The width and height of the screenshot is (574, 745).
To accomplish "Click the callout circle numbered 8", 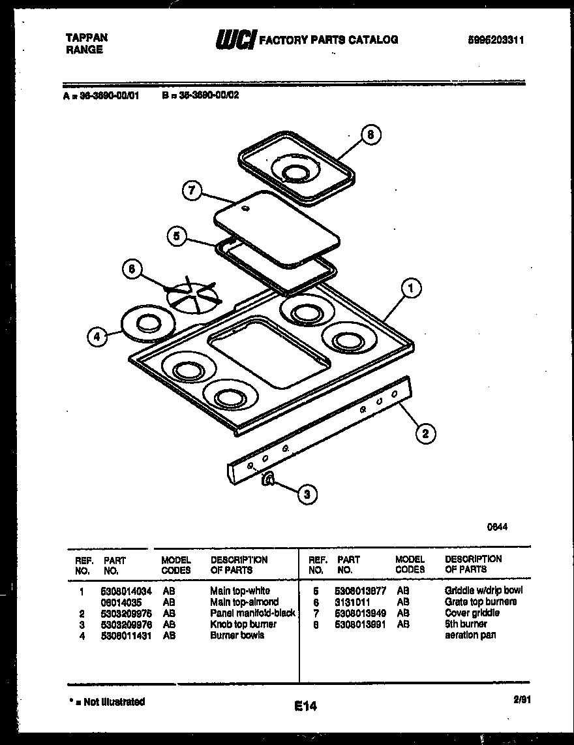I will pyautogui.click(x=370, y=135).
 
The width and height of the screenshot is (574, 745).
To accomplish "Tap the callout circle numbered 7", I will pyautogui.click(x=191, y=191).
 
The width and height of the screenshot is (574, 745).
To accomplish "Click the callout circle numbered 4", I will pyautogui.click(x=97, y=337).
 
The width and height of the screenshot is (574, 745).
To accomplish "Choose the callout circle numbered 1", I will pyautogui.click(x=410, y=288).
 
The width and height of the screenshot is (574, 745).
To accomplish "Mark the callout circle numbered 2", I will pyautogui.click(x=425, y=432).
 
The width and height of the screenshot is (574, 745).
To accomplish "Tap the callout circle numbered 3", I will pyautogui.click(x=307, y=494).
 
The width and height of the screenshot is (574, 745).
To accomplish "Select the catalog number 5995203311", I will pyautogui.click(x=496, y=40).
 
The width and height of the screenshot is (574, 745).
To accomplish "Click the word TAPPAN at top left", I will pyautogui.click(x=87, y=38).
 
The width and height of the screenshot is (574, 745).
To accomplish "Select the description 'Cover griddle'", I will pyautogui.click(x=472, y=613).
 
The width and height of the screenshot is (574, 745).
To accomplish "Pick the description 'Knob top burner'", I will pyautogui.click(x=243, y=624).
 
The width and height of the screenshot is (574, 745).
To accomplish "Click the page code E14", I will pyautogui.click(x=305, y=706).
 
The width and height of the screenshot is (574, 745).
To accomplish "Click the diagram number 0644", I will pyautogui.click(x=498, y=526).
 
